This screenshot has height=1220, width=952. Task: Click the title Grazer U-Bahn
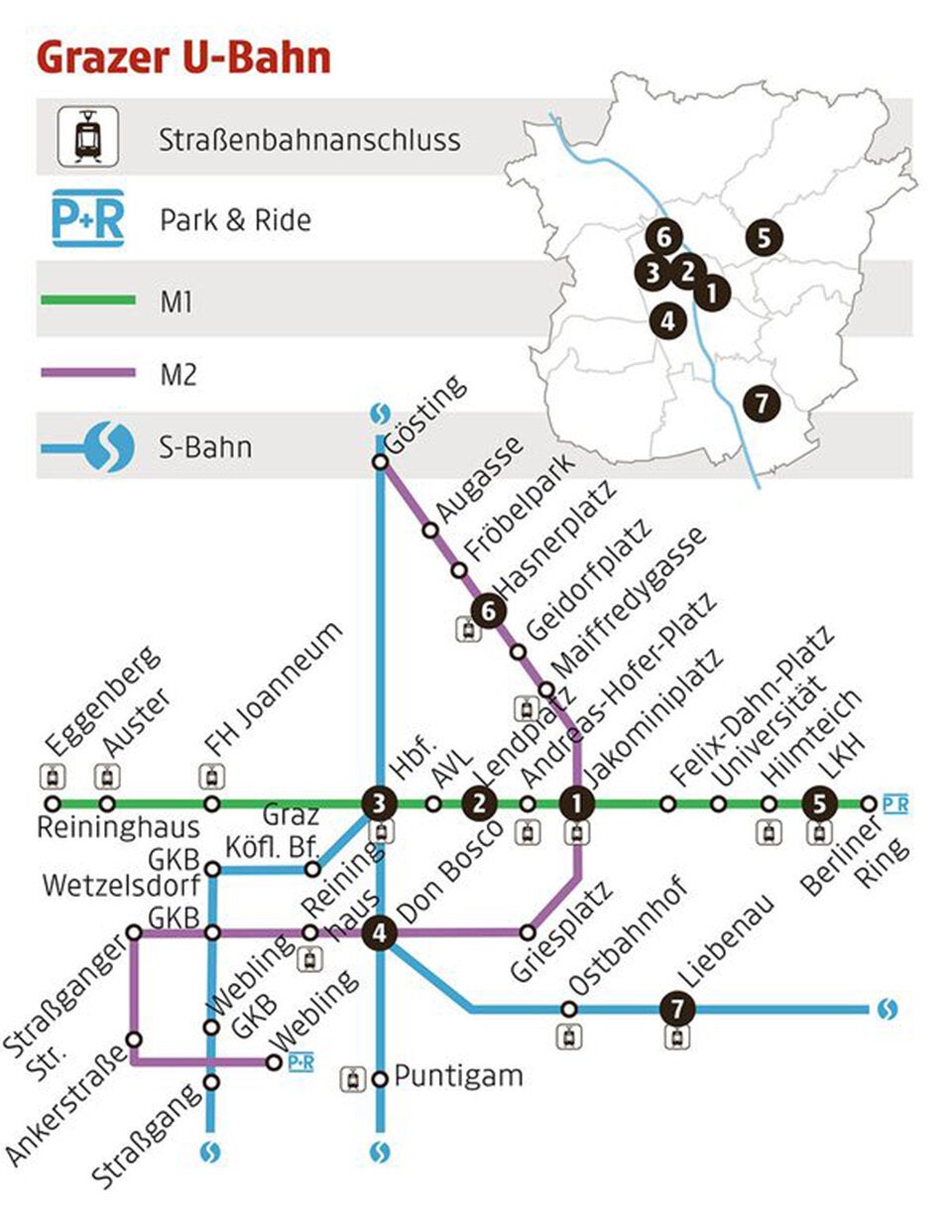pos(183,59)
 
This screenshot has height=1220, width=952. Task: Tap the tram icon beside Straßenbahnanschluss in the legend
pos(88,136)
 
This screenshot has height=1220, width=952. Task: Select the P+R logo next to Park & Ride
pos(88,217)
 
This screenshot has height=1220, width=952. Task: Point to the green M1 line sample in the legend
pos(88,299)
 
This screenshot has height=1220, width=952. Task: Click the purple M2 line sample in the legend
pos(88,373)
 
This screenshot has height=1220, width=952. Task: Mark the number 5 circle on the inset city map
pos(765,237)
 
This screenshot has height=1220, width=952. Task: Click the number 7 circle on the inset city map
pos(761,404)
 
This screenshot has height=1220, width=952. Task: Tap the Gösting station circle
pos(380,462)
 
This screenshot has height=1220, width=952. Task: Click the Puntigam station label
pos(457,1076)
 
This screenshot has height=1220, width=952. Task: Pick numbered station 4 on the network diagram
pos(380,932)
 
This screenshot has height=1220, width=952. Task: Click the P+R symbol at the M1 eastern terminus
pos(895,803)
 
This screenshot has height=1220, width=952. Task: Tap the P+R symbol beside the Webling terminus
pos(300,1063)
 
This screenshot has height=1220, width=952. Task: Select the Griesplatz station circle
pos(528,932)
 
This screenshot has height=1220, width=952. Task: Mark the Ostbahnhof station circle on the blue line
pos(568,1009)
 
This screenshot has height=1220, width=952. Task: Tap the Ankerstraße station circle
pos(134,1038)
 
